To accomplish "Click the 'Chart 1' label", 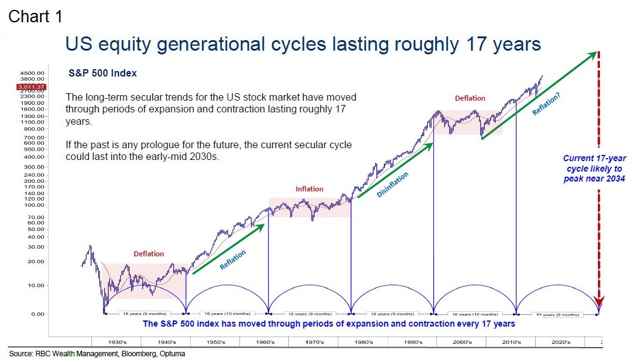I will (35, 16).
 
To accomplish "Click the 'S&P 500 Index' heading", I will (102, 73).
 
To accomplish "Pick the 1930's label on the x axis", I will (116, 341).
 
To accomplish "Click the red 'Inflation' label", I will (309, 189).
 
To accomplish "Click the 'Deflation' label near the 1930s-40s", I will (149, 254).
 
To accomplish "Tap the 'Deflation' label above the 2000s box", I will (470, 98).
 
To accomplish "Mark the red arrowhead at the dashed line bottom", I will (599, 302).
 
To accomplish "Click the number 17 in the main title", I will (477, 44).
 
